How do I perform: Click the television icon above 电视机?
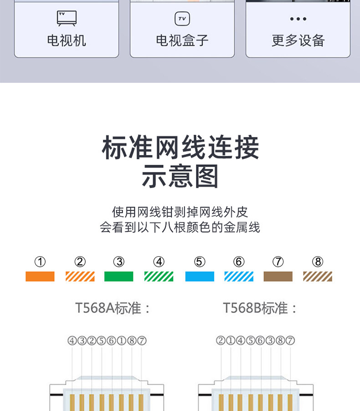[x=67, y=19]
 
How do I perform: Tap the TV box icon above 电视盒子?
[x=182, y=19]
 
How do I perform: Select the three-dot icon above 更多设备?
[x=298, y=19]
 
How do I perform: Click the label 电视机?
[x=67, y=41]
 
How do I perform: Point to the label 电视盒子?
[x=182, y=41]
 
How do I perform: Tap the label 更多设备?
[x=298, y=41]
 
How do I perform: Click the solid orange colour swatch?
[x=40, y=276]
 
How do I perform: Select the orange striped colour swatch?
[x=80, y=276]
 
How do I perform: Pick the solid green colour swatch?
[x=119, y=276]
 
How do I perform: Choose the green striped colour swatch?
[x=159, y=276]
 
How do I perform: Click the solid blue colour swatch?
[x=200, y=276]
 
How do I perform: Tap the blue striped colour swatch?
[x=239, y=276]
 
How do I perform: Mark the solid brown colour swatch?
[x=278, y=276]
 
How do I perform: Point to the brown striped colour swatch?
[x=318, y=276]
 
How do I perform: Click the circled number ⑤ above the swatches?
[x=200, y=262]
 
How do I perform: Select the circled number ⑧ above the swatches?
[x=318, y=262]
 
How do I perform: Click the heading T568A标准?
[x=113, y=308]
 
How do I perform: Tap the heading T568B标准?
[x=260, y=308]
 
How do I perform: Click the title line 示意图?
[x=180, y=177]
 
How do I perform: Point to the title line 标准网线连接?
[x=180, y=147]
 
